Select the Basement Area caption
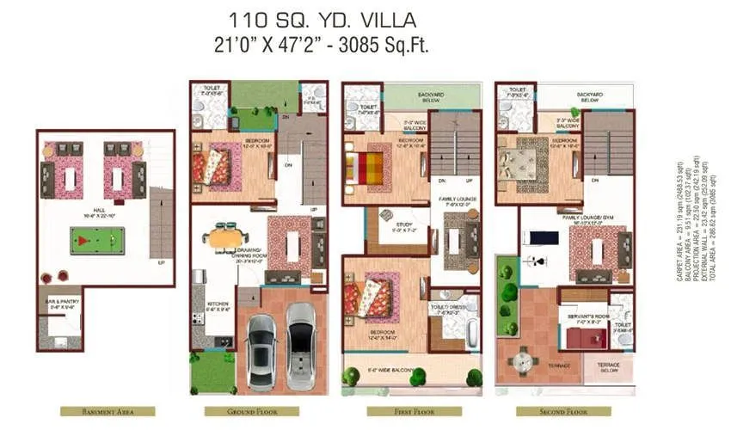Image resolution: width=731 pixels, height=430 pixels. [x=107, y=411]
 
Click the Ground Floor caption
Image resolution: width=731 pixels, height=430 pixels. [x=251, y=411]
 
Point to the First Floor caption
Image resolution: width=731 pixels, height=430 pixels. [x=408, y=411]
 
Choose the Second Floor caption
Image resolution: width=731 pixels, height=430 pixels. [x=563, y=411]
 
